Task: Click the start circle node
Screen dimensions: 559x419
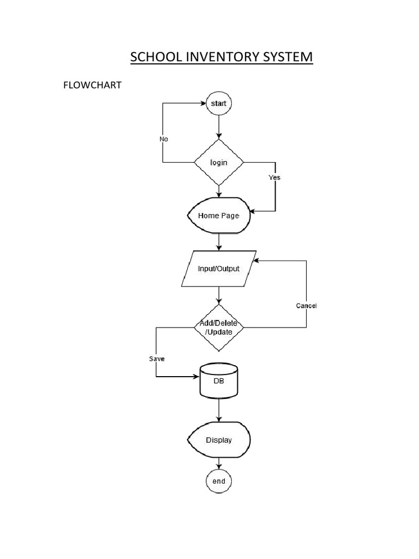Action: [219, 103]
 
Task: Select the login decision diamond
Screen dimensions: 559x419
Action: [219, 163]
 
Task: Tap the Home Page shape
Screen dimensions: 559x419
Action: [219, 216]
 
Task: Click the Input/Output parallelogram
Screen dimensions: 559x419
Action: [219, 269]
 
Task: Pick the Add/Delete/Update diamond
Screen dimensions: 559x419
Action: [219, 328]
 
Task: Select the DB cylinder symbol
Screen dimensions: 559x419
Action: [219, 381]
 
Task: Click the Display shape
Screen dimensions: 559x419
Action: [219, 440]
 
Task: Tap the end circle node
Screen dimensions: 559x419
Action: [219, 481]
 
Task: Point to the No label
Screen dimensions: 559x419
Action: [164, 139]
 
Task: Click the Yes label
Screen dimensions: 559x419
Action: [274, 177]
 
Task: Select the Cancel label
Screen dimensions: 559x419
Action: [306, 306]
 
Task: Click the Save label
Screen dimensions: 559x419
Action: [157, 359]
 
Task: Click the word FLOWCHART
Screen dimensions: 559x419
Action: [92, 86]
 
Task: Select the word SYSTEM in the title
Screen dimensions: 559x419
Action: [288, 57]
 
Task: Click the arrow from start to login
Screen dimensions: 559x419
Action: [219, 127]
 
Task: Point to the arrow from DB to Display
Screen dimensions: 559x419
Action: [219, 410]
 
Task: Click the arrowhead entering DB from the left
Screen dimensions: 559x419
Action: [196, 377]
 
